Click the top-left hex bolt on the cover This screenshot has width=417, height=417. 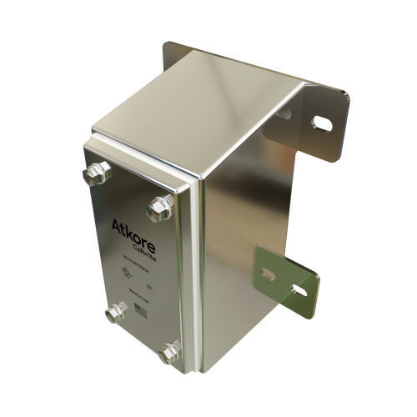click(94, 173)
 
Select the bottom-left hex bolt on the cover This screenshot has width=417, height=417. click(115, 313)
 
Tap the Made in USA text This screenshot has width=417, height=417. click(137, 295)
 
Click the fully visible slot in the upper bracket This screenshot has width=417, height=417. click(320, 124)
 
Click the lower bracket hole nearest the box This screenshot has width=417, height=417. click(268, 272)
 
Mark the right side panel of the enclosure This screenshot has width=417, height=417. click(242, 234)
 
